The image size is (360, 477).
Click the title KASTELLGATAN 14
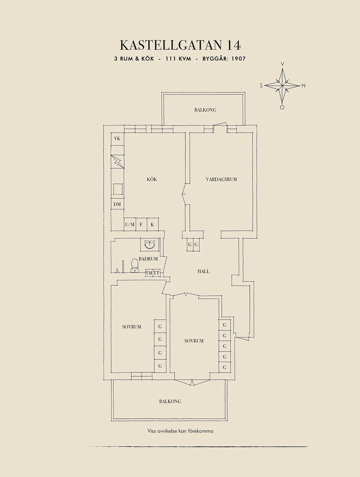180,45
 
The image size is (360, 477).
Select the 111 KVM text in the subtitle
178,59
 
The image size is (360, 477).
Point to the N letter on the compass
303,86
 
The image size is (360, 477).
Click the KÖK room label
152,179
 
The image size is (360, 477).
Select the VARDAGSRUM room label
221,179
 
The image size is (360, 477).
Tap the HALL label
203,272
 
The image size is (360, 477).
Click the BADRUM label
148,259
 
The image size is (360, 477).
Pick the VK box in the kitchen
117,138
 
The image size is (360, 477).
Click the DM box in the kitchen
117,204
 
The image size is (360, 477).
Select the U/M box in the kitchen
130,224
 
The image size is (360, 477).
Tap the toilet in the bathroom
135,265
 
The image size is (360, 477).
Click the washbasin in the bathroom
149,245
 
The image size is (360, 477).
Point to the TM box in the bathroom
149,273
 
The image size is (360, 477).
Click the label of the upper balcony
205,110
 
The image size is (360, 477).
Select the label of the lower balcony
170,401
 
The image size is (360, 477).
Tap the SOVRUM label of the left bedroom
131,327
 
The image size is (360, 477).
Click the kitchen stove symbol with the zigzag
117,162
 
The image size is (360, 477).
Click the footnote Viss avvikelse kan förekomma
180,431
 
